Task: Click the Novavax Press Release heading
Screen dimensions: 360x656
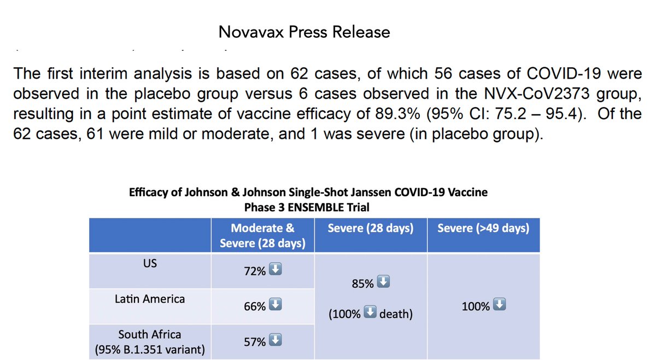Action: click(x=304, y=32)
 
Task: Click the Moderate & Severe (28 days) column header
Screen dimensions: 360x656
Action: click(x=262, y=235)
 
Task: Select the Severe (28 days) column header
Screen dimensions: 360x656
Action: click(x=370, y=228)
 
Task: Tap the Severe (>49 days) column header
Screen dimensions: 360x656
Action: click(x=483, y=228)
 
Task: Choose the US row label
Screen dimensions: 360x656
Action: click(x=150, y=263)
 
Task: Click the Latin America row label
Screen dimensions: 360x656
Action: click(x=150, y=299)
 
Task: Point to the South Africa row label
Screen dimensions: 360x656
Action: click(x=150, y=334)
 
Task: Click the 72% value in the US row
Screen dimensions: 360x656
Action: click(x=254, y=272)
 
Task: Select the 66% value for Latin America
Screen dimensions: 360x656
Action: click(x=254, y=307)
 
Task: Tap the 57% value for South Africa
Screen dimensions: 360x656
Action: click(x=254, y=342)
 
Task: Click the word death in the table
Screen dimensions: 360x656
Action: click(x=395, y=315)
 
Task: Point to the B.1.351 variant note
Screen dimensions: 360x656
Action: click(x=150, y=349)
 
